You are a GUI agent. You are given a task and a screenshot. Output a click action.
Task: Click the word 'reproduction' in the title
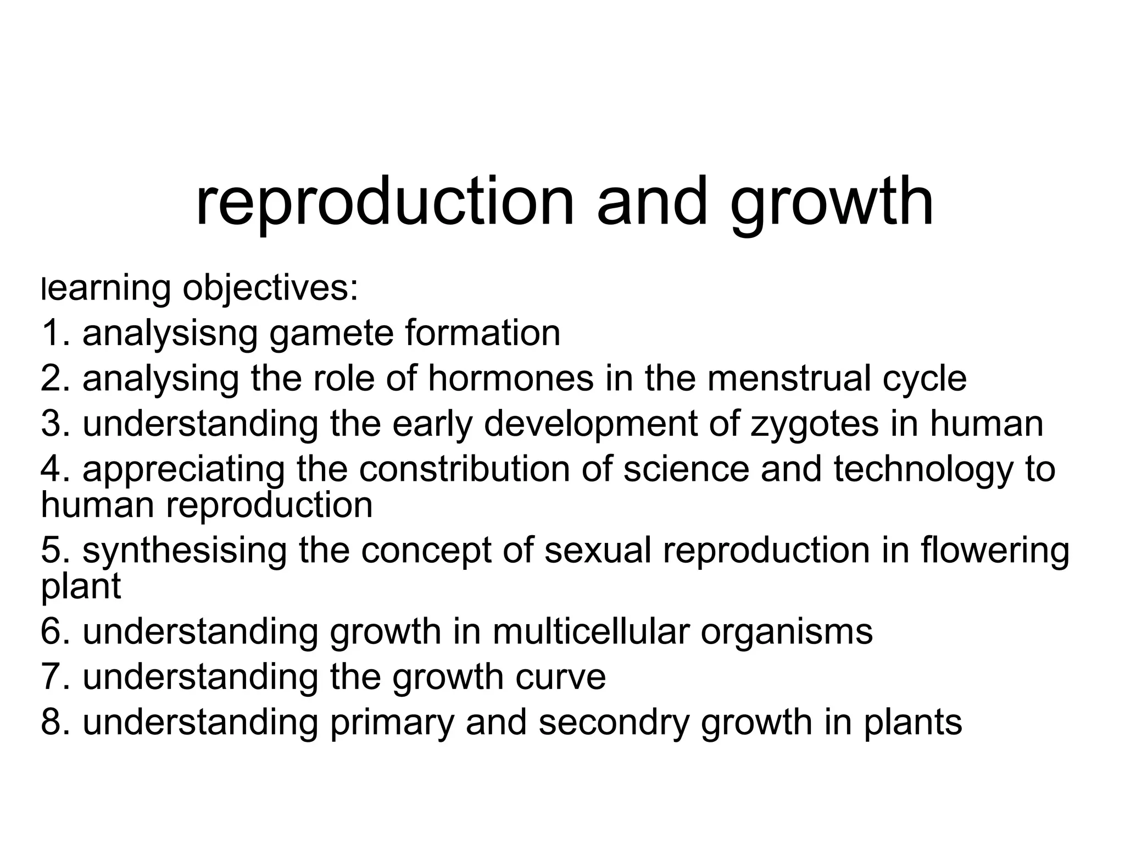pos(385,202)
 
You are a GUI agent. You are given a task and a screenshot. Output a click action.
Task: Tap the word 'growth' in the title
pos(832,202)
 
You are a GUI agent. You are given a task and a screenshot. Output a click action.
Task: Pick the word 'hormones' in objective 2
pos(511,379)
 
